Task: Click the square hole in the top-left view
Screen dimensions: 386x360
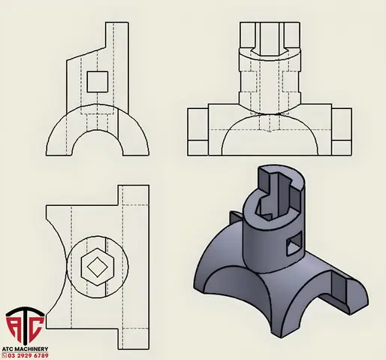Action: point(98,82)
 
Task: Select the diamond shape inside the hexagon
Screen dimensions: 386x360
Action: point(98,267)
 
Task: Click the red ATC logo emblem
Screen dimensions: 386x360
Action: point(25,325)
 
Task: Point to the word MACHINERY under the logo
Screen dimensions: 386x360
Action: point(32,349)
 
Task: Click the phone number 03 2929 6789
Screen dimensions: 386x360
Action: point(28,355)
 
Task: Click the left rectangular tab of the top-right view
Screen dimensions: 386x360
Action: point(198,132)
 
